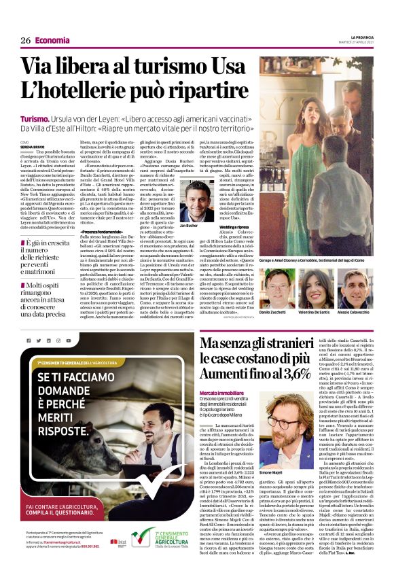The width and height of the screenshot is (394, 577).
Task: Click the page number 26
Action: pyautogui.click(x=26, y=40)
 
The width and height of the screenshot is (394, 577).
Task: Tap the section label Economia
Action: pyautogui.click(x=52, y=40)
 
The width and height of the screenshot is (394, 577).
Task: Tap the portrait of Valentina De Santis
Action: pyautogui.click(x=315, y=286)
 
